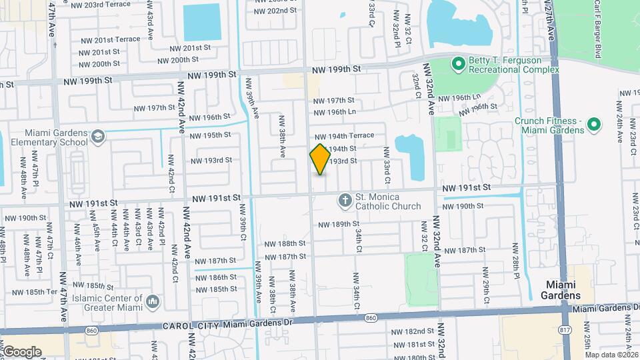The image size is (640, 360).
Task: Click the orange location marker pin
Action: (x=321, y=159)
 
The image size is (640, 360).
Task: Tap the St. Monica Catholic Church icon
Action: (x=345, y=199)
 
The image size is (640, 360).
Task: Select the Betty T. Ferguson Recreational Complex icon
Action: (x=458, y=64)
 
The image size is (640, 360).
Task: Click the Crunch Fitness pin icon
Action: (x=594, y=124)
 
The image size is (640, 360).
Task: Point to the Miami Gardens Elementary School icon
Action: (x=99, y=137)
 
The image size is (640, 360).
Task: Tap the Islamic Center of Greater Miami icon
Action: (x=153, y=302)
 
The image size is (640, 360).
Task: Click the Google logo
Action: (x=22, y=351)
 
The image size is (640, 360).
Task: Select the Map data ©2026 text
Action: (x=611, y=354)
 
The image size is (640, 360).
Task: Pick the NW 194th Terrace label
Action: (x=349, y=135)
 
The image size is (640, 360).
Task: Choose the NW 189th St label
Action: (x=339, y=225)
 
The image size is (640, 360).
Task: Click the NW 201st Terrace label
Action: (x=109, y=39)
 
